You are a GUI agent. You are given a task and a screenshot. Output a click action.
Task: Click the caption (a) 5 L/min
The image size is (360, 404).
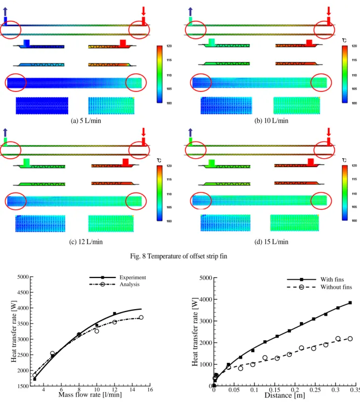pyautogui.click(x=86, y=121)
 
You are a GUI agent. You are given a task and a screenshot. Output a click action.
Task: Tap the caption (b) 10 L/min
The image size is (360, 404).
pyautogui.click(x=271, y=121)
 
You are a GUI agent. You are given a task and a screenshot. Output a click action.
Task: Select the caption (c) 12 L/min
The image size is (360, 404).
pyautogui.click(x=86, y=242)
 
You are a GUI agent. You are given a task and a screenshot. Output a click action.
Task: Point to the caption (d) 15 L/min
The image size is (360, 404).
pyautogui.click(x=271, y=242)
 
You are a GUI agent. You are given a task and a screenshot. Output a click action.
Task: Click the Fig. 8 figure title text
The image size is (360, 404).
pyautogui.click(x=179, y=256)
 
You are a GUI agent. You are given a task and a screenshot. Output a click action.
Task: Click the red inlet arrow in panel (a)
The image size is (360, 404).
pyautogui.click(x=143, y=11)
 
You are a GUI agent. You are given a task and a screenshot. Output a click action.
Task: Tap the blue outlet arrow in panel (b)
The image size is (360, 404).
pyautogui.click(x=190, y=11)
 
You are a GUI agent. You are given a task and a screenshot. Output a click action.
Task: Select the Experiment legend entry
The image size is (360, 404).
pyautogui.click(x=118, y=277)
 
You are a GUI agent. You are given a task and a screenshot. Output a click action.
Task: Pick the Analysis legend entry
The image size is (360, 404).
pyautogui.click(x=114, y=284)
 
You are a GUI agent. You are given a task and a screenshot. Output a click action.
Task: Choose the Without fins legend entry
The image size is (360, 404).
pyautogui.click(x=319, y=287)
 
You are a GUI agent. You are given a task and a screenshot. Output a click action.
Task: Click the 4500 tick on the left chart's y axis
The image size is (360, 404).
pyautogui.click(x=23, y=292)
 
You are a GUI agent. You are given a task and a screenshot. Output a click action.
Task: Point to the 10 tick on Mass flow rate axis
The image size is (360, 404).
pyautogui.click(x=97, y=390)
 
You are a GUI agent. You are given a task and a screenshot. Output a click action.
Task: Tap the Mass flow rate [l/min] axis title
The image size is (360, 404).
pyautogui.click(x=90, y=395)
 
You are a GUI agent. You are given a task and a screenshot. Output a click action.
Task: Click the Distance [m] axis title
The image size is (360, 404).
pyautogui.click(x=284, y=395)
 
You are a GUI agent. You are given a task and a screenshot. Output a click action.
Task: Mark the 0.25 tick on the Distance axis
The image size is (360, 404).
pyautogui.click(x=315, y=390)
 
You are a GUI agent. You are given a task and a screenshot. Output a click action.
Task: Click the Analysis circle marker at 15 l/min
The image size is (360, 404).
pyautogui.click(x=141, y=317)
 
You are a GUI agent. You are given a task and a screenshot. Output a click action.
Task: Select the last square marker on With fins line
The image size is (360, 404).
pyautogui.click(x=350, y=303)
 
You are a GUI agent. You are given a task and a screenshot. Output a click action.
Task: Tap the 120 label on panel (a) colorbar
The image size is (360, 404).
pyautogui.click(x=169, y=46)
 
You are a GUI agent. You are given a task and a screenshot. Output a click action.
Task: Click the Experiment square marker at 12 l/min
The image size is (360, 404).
pyautogui.click(x=115, y=314)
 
